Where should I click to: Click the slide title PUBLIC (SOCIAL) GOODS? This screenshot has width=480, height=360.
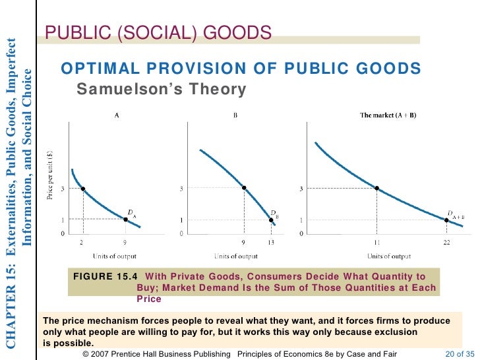click(x=158, y=33)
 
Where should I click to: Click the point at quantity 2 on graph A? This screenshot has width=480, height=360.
click(x=82, y=189)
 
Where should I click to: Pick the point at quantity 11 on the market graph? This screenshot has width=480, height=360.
click(x=376, y=188)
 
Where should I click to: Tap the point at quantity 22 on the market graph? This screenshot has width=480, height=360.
click(x=446, y=220)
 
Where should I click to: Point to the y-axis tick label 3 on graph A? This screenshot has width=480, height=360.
click(x=63, y=189)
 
